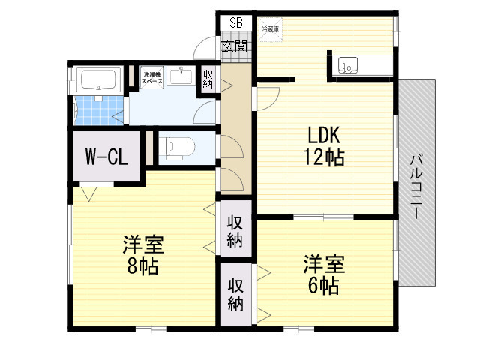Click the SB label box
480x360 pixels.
[236, 22]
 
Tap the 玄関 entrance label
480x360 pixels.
[236, 46]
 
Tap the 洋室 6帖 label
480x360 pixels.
[324, 274]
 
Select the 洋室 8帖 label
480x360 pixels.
[143, 256]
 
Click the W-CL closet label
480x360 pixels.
[106, 157]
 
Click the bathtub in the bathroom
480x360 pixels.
[97, 80]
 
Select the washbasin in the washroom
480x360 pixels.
[180, 76]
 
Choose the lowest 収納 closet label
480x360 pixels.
[235, 295]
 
